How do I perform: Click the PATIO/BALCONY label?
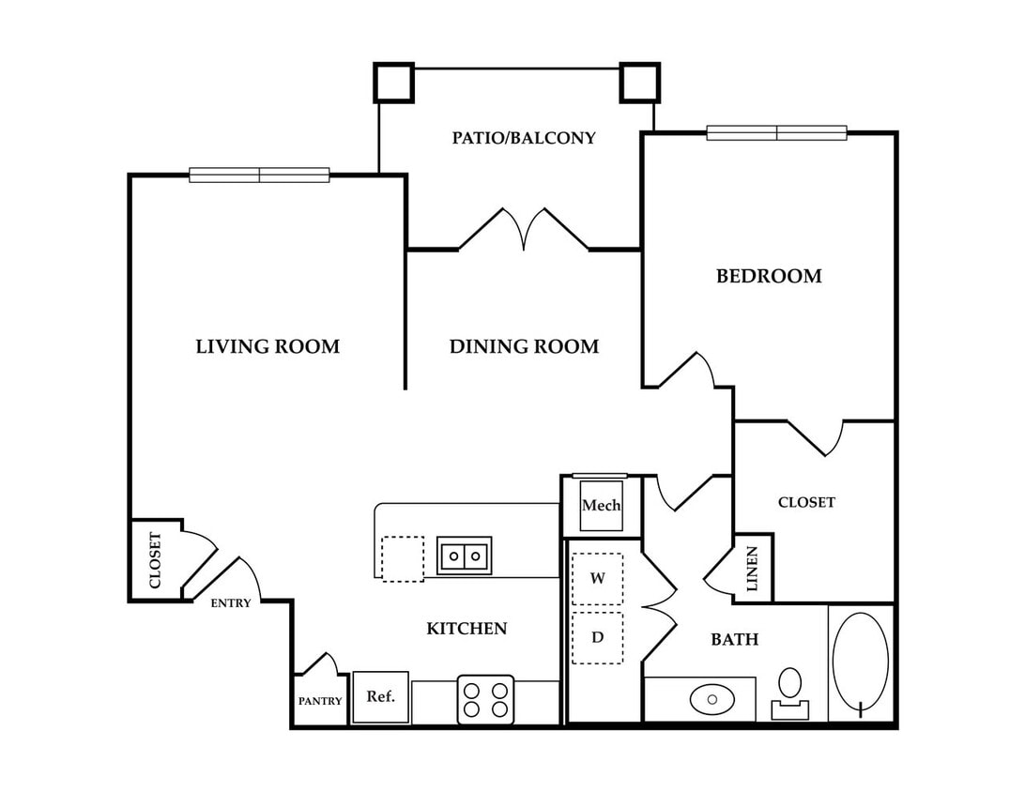524,138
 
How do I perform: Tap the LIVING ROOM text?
268,346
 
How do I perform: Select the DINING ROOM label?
524,346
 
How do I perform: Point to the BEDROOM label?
769,276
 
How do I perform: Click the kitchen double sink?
464,556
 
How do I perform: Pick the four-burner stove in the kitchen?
485,699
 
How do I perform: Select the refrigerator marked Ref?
380,697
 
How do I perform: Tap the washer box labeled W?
598,578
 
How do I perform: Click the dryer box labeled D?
598,637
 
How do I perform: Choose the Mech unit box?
602,505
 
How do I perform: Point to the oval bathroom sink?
711,699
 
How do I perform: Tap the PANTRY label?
320,701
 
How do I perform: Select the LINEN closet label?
752,569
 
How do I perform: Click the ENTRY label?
231,603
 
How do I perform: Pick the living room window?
259,175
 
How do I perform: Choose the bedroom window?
776,132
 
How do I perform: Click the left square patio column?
393,83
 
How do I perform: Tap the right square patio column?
640,83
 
